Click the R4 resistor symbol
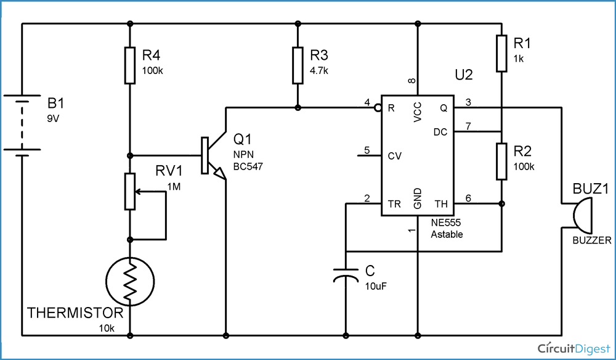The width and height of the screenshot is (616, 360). pyautogui.click(x=129, y=65)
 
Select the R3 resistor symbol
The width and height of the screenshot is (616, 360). pyautogui.click(x=298, y=65)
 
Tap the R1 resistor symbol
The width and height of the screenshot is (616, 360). pyautogui.click(x=502, y=53)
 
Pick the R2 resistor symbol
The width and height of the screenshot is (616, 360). pyautogui.click(x=502, y=162)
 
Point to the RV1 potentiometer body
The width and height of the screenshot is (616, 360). pyautogui.click(x=129, y=192)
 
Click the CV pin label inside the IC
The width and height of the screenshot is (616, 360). pyautogui.click(x=395, y=156)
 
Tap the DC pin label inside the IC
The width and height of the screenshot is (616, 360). pyautogui.click(x=440, y=132)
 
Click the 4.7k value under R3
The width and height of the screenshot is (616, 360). pyautogui.click(x=319, y=71)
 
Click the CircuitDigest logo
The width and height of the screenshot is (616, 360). pyautogui.click(x=569, y=346)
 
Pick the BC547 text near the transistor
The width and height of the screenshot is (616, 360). pyautogui.click(x=248, y=166)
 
